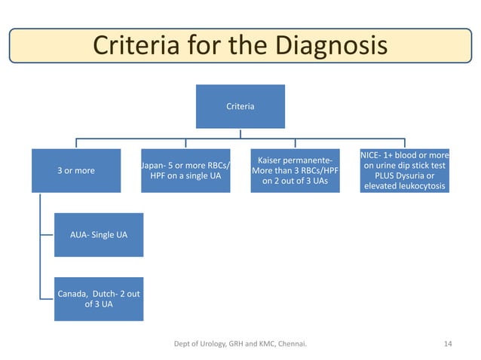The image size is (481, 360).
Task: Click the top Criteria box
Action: tap(240, 106)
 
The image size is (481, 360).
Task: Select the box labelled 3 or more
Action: tap(76, 170)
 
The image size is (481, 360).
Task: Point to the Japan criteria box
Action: tap(185, 170)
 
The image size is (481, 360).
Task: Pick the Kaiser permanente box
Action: tap(295, 170)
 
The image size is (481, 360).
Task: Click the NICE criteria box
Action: tap(404, 170)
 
